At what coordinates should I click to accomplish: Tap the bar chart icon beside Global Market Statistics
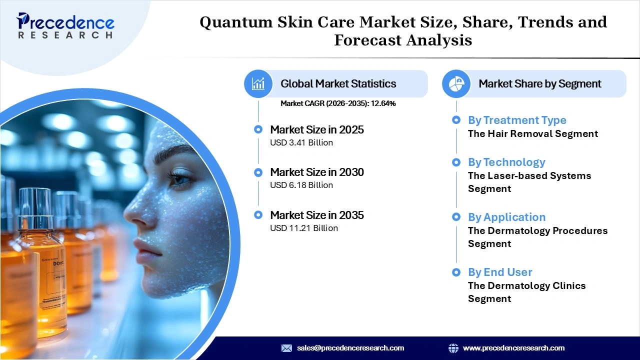pos(258,83)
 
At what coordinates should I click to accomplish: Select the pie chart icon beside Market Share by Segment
pos(456,83)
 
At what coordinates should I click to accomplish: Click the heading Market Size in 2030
pos(317,172)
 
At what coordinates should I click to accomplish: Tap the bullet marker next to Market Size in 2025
pos(258,129)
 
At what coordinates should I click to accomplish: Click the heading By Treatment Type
pos(517,120)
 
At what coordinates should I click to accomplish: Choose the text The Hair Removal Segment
pos(533,133)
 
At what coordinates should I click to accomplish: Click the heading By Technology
pos(506,162)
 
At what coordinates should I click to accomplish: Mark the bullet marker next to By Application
pos(456,217)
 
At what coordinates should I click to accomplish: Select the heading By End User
pos(500,272)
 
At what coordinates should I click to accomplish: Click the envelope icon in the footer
pos(286,348)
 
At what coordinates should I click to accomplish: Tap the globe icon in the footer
pos(453,348)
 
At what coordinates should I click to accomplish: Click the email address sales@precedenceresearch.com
pos(350,348)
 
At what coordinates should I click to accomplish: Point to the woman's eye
pos(178,177)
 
